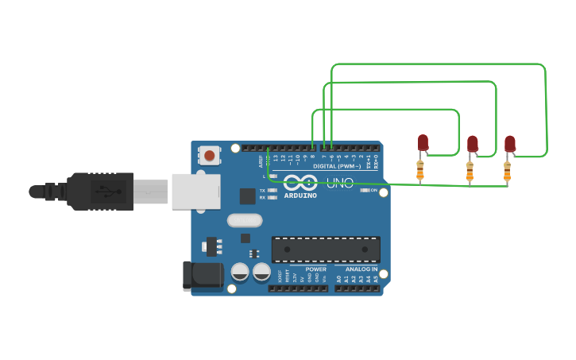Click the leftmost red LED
(x=423, y=143)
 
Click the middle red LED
(x=472, y=144)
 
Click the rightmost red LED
(x=509, y=144)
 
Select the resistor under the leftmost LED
(x=420, y=170)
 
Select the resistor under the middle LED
(x=470, y=171)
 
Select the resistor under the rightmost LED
(x=507, y=171)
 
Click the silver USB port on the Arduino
(x=195, y=192)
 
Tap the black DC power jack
(x=203, y=275)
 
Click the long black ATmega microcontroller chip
(x=326, y=249)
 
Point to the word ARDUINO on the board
(x=300, y=195)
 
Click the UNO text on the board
(x=339, y=184)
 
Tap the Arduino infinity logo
(x=300, y=183)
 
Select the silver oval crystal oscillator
(x=245, y=220)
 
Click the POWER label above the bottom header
(x=315, y=269)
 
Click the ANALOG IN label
(x=361, y=269)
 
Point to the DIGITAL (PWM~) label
(x=337, y=166)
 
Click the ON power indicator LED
(x=365, y=190)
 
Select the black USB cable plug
(x=99, y=192)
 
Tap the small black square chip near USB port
(x=248, y=195)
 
